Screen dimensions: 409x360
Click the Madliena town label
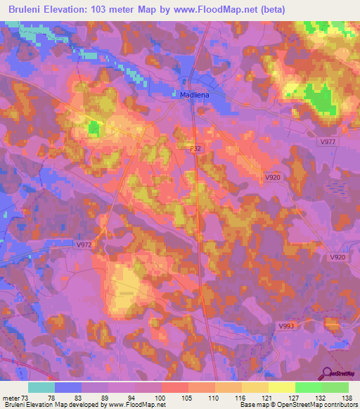[x=189, y=93]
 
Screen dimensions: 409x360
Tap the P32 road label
[x=196, y=149]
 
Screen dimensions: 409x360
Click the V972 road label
[x=84, y=245]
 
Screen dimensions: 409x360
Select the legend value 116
[x=242, y=396]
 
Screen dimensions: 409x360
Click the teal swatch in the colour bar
[x=41, y=387]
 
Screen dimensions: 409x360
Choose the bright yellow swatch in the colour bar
[x=281, y=387]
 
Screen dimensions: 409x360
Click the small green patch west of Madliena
[x=94, y=128]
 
